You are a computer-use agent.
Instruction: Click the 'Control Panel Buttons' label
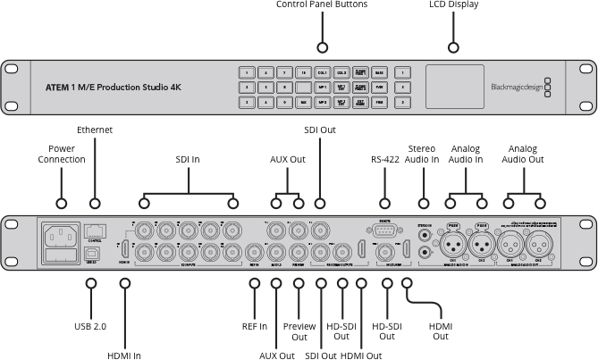click(x=322, y=5)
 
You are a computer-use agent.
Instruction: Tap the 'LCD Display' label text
click(x=453, y=5)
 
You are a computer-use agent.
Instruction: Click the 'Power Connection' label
click(x=62, y=154)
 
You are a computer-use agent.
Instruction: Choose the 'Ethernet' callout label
click(x=95, y=130)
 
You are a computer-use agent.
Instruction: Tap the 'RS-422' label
click(x=385, y=161)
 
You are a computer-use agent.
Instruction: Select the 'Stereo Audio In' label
click(x=423, y=154)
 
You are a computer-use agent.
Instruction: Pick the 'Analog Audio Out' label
click(x=525, y=154)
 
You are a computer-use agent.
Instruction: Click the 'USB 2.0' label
click(x=90, y=326)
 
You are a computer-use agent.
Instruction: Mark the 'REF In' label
click(x=255, y=326)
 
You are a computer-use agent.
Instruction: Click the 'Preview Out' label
click(x=299, y=331)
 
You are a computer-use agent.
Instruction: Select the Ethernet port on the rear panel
click(x=95, y=230)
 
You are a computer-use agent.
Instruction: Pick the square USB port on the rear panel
click(x=93, y=253)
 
